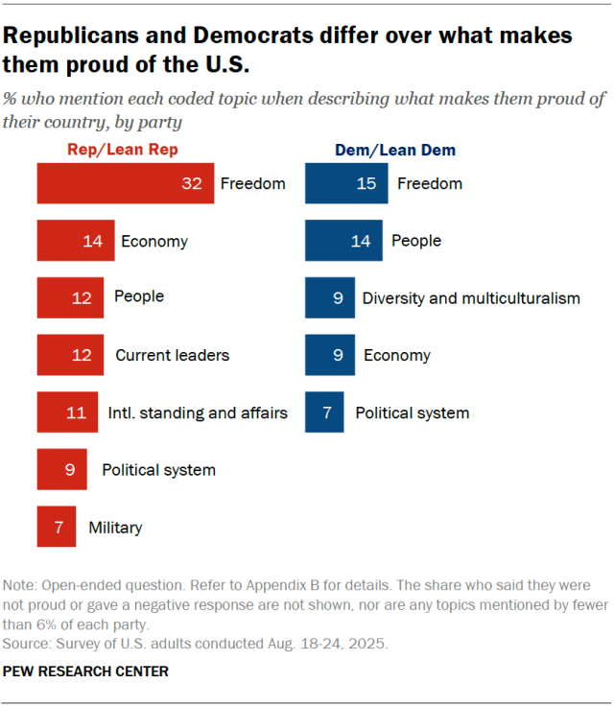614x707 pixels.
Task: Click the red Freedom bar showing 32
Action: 125,183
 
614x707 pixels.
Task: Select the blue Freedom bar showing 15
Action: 346,183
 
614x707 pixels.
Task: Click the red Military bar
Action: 57,527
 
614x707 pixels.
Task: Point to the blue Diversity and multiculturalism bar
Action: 329,298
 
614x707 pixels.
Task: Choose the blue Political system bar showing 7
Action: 325,412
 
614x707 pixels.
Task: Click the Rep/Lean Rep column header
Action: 122,150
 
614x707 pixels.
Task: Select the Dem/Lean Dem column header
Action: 394,150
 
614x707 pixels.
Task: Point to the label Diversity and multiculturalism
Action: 471,298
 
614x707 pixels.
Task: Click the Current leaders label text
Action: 173,355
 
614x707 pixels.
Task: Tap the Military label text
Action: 115,527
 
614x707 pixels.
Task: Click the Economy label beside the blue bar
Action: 397,355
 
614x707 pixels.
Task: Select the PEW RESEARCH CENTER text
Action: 86,672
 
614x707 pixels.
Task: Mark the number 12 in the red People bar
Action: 83,298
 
